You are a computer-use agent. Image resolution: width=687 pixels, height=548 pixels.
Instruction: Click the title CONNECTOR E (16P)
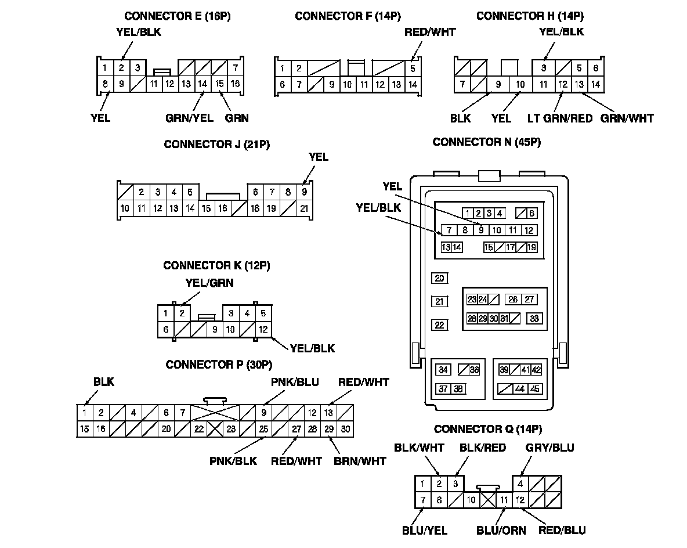178,16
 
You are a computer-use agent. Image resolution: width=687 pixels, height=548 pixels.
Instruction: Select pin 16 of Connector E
235,83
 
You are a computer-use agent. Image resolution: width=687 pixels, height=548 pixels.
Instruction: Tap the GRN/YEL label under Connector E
189,118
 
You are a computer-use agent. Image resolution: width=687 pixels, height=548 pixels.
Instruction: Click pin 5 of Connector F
413,68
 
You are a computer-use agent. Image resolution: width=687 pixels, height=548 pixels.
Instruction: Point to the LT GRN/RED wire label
560,118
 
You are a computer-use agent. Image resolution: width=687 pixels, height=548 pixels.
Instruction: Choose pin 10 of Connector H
520,84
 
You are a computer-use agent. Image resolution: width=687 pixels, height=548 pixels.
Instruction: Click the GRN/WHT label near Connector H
627,118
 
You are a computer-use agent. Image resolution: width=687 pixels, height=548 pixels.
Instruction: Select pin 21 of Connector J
304,208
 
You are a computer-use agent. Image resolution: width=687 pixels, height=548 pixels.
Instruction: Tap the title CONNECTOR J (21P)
217,144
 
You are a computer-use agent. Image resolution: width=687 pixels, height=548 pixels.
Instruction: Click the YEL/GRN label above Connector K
209,283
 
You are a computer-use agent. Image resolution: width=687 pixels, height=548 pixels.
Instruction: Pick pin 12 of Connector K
263,329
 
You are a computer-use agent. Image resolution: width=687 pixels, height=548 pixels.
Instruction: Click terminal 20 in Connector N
439,278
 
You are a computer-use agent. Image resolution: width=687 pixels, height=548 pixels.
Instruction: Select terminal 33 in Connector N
534,318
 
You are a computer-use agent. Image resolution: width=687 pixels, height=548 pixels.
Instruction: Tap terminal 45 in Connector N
534,388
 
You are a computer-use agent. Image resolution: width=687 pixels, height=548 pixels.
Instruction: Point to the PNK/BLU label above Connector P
295,383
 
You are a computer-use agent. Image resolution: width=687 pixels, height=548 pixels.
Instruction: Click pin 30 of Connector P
345,429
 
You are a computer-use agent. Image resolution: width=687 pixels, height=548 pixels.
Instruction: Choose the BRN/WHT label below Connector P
360,461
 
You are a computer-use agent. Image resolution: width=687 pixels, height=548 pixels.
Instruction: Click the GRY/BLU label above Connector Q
550,448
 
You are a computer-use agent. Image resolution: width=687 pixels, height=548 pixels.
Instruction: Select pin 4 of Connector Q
520,484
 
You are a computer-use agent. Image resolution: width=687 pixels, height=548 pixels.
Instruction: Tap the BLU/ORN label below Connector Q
501,531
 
